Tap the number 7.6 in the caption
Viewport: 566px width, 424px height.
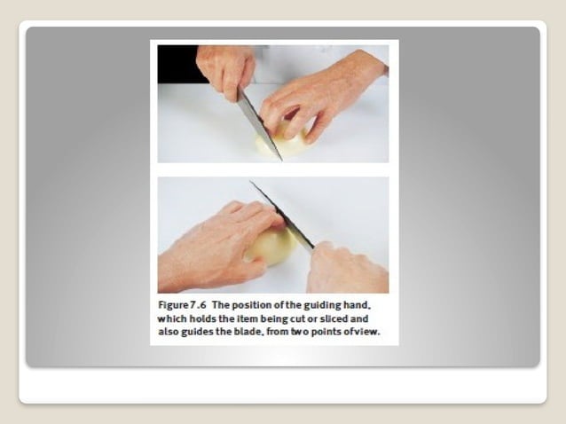coord(198,305)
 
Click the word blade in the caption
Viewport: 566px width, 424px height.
coord(248,332)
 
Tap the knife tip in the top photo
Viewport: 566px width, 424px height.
coord(282,161)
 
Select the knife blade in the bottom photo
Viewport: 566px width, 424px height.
coord(281,216)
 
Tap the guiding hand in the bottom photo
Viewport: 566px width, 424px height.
coord(216,246)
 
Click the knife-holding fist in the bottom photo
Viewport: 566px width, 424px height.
coord(345,268)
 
